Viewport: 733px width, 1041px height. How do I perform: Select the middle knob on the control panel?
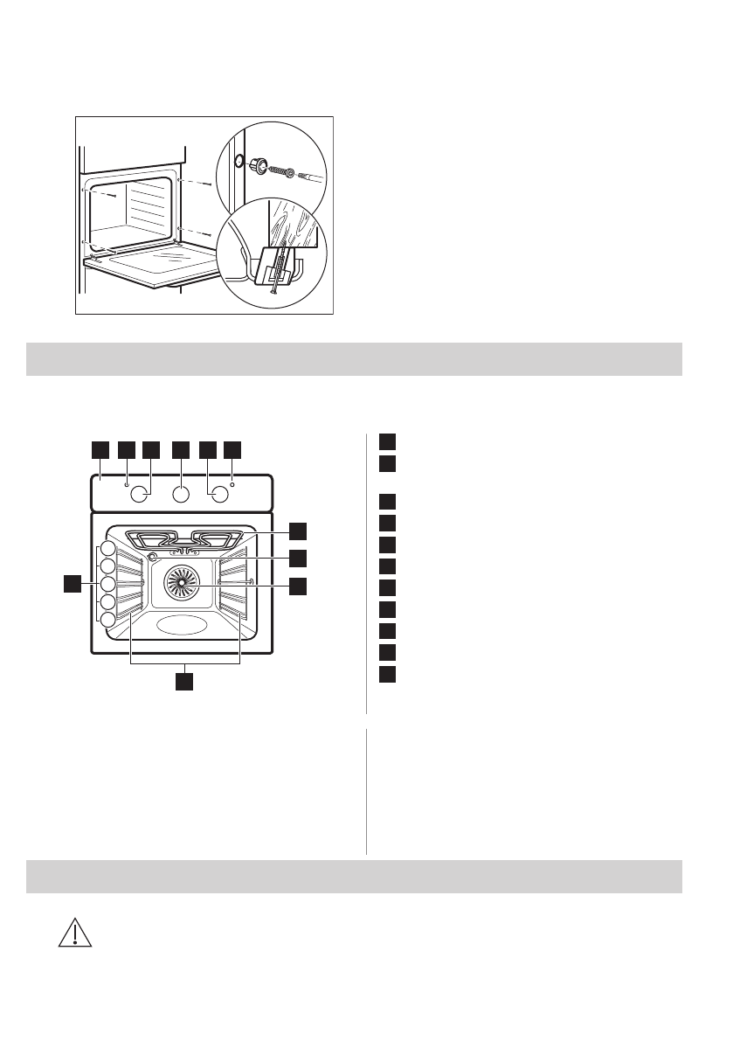(181, 495)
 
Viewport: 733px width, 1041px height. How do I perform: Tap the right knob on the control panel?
(220, 495)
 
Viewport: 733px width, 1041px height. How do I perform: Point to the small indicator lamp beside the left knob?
(127, 483)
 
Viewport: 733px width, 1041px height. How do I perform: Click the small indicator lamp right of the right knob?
(233, 483)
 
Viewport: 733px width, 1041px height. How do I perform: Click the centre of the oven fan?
(183, 580)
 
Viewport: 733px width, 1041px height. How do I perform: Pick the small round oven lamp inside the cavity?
(154, 557)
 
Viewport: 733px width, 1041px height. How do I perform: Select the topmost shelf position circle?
(107, 549)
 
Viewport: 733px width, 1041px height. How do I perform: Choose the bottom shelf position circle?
(107, 620)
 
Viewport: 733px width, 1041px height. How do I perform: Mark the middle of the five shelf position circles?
(107, 584)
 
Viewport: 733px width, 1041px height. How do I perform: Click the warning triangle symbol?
(75, 933)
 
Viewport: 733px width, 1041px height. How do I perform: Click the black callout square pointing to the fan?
(299, 586)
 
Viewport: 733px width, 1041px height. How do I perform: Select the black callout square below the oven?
(183, 681)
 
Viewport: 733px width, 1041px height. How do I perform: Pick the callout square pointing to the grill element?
(299, 531)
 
